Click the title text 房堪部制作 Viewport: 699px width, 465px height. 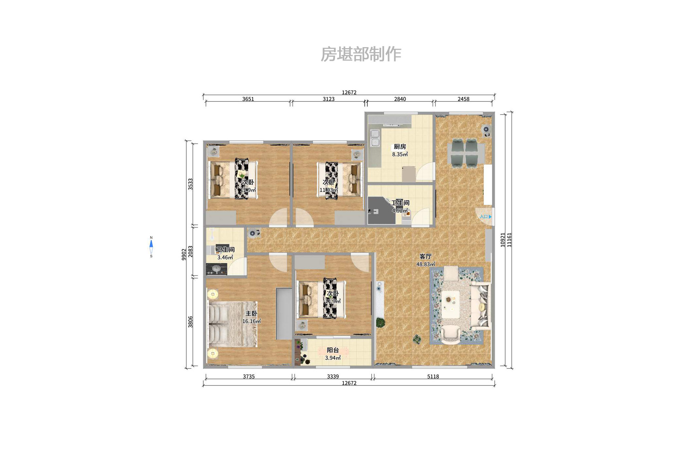(360, 54)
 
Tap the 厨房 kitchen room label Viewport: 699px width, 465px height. (400, 147)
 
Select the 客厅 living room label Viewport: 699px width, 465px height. (425, 256)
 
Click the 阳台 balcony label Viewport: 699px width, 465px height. (333, 350)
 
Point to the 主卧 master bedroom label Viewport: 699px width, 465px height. (251, 313)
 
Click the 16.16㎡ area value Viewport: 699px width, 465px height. (251, 321)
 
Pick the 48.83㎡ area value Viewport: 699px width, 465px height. (425, 264)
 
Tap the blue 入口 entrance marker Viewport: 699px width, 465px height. (485, 217)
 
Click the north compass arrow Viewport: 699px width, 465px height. (151, 244)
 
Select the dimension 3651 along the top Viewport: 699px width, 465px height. (248, 99)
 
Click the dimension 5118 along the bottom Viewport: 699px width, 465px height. (433, 377)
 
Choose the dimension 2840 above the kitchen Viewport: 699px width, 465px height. (400, 99)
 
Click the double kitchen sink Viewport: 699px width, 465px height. (375, 138)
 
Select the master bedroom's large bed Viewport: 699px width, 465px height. (232, 324)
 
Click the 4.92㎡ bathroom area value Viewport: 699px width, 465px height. (400, 211)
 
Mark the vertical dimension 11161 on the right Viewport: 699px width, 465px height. (509, 240)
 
